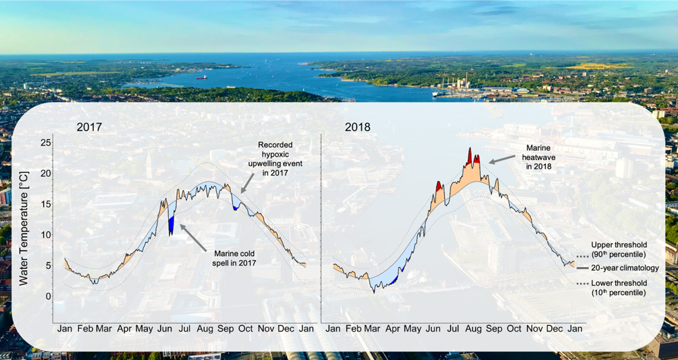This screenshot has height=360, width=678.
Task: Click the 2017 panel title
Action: (x=89, y=127)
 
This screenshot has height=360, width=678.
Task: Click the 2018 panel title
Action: (x=357, y=127)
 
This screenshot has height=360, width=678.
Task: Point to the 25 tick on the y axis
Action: (x=45, y=143)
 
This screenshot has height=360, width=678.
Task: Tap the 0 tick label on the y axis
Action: (x=47, y=297)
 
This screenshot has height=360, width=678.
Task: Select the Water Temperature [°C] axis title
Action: (x=24, y=220)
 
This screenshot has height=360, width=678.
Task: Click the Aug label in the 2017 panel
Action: (x=205, y=328)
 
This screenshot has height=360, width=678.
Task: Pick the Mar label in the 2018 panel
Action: (x=372, y=328)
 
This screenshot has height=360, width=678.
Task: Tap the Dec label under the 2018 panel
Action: (x=554, y=328)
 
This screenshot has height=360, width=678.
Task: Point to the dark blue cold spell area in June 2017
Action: (x=172, y=224)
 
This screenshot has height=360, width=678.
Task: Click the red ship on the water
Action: (x=201, y=78)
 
